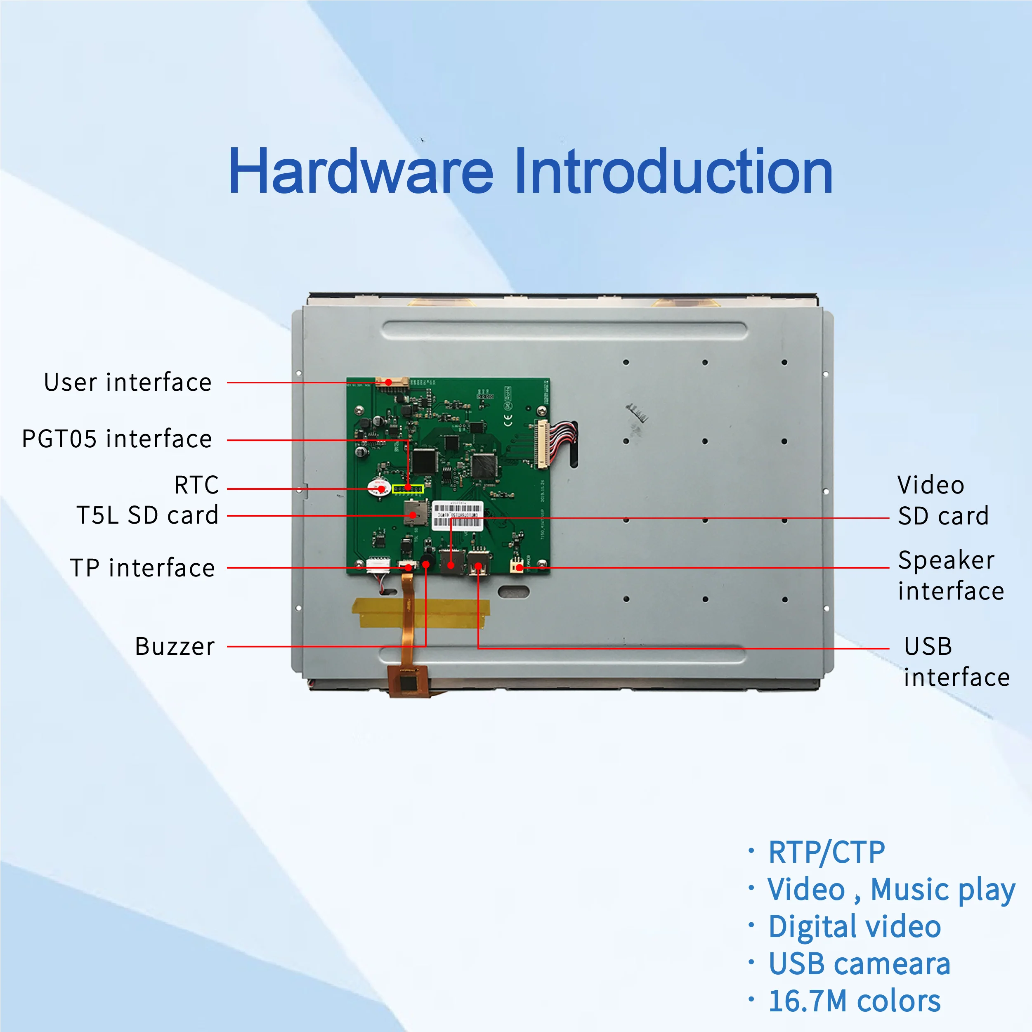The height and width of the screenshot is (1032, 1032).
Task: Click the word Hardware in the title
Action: (361, 172)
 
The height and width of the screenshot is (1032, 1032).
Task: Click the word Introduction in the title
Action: (673, 172)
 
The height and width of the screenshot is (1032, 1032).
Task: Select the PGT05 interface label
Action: (117, 439)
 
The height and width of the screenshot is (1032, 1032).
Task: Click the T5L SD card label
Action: (147, 515)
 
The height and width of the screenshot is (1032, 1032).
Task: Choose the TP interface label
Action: (142, 568)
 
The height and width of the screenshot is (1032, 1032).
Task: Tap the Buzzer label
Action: (175, 646)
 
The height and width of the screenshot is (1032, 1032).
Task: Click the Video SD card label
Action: (943, 501)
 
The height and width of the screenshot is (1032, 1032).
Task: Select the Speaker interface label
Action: (950, 576)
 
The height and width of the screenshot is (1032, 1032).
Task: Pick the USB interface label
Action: (956, 662)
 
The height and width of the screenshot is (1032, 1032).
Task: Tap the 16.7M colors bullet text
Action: (854, 1001)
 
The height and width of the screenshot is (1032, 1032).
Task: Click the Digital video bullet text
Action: (854, 927)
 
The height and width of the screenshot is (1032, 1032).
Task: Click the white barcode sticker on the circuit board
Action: (457, 516)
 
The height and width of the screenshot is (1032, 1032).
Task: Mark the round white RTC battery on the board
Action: (378, 488)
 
